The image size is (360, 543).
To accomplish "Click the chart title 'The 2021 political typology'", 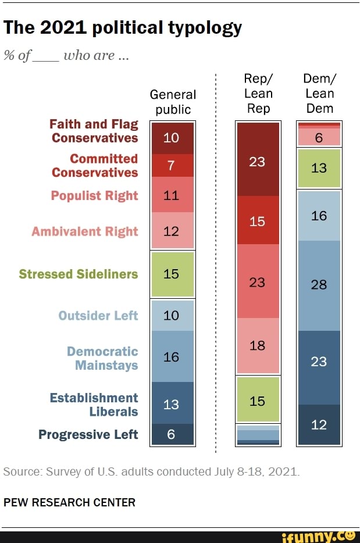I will click(123, 28).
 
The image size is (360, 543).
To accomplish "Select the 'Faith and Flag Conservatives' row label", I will click(94, 131).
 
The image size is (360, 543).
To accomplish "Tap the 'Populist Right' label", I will click(95, 195).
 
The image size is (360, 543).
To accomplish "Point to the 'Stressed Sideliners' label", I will click(79, 274).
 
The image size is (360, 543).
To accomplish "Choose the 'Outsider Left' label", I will click(98, 316).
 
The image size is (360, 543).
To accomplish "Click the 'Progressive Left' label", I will click(88, 435).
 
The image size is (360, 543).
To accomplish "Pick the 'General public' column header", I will click(173, 102).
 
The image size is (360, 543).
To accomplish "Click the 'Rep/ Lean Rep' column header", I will click(258, 94).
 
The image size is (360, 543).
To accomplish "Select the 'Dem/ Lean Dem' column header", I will click(319, 94).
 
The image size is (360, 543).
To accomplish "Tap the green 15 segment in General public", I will click(173, 274).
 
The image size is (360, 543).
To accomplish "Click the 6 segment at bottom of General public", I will click(173, 434).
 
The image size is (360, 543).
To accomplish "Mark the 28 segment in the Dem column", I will click(319, 285).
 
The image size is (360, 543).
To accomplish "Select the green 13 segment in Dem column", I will click(319, 168).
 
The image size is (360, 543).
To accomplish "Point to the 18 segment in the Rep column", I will click(258, 345).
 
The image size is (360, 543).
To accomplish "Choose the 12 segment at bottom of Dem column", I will click(319, 425).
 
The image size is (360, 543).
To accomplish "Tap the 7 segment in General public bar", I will click(173, 165).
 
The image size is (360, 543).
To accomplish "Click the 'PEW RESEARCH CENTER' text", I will click(70, 502).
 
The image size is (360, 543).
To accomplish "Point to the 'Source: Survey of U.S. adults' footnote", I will click(152, 471).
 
